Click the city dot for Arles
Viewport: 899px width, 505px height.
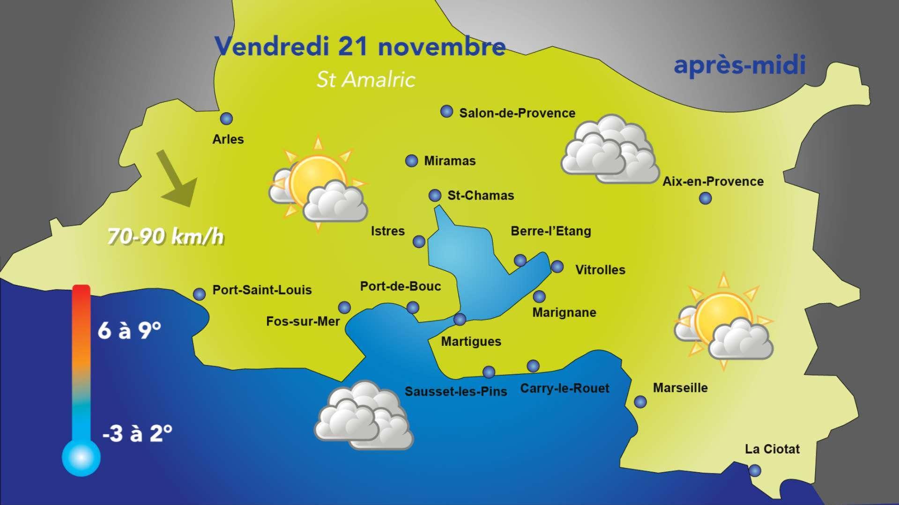(226, 119)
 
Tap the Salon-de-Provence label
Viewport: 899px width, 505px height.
(517, 113)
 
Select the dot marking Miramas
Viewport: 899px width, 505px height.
(411, 161)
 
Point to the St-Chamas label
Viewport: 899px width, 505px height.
(481, 196)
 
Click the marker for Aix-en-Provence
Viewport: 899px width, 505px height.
(705, 198)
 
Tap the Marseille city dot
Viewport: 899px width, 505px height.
(640, 402)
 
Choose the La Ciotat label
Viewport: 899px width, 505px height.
(772, 449)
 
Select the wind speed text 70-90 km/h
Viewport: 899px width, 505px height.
(165, 237)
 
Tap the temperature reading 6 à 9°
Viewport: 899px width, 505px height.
(129, 331)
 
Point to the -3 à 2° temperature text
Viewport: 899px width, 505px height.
(137, 433)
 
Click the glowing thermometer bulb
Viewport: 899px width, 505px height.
(81, 457)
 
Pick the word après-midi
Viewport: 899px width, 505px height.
(739, 66)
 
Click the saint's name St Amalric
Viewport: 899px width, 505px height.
(366, 80)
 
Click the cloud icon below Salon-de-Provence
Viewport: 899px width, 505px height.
(609, 149)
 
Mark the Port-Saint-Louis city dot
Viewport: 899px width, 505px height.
(199, 294)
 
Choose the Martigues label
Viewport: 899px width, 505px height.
(471, 342)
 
